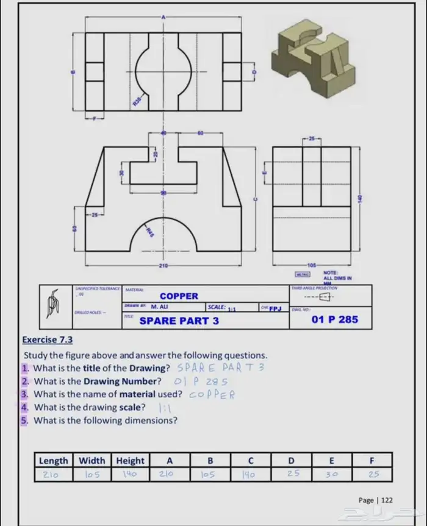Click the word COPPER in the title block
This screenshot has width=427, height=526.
tap(179, 296)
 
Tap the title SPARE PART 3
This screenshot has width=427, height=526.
tap(179, 320)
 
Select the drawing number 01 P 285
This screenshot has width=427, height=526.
tap(334, 319)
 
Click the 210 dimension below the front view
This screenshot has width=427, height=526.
tap(163, 266)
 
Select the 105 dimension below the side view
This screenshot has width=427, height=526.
tap(312, 266)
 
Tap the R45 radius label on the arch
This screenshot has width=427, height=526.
tap(149, 231)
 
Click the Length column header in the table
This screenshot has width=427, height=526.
tap(53, 461)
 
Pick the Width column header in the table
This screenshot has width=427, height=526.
tap(92, 461)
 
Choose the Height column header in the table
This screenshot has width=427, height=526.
tap(130, 461)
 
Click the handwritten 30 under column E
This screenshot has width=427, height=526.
tap(331, 474)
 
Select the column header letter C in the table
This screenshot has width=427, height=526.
tap(250, 461)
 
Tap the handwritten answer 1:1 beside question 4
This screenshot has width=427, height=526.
tap(165, 408)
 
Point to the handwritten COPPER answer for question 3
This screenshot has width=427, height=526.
tap(212, 394)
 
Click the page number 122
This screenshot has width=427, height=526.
tap(387, 500)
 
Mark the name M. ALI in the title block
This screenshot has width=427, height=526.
tap(159, 308)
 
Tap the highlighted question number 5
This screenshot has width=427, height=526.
tap(24, 421)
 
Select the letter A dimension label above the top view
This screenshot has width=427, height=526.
tap(163, 17)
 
